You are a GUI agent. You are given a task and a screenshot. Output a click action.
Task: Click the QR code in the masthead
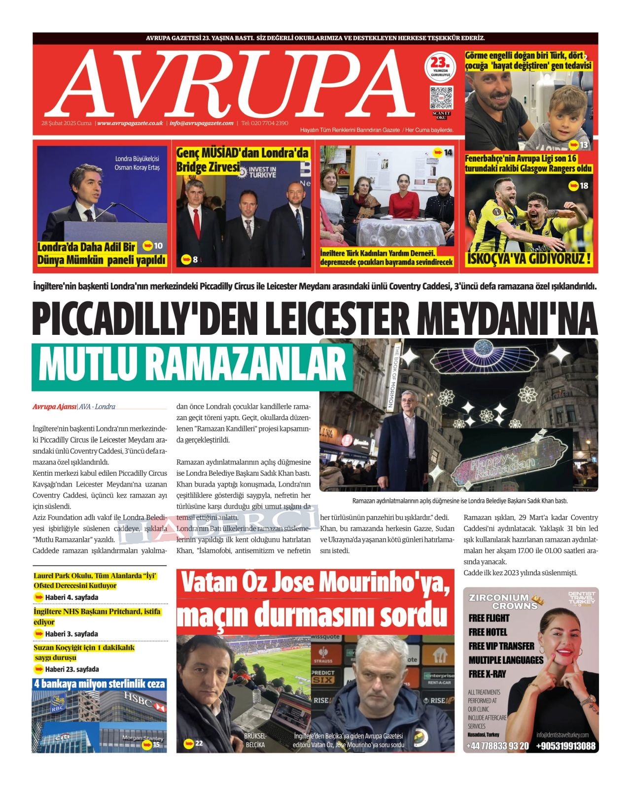(441, 98)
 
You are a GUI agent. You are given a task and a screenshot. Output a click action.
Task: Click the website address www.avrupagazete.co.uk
(130, 123)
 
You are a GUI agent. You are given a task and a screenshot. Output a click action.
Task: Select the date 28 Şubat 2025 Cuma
(67, 123)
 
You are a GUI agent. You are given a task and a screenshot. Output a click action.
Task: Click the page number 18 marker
(579, 186)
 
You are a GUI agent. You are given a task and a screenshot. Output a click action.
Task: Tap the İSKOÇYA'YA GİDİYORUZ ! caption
(529, 259)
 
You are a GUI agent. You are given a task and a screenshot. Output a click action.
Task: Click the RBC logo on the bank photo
(58, 702)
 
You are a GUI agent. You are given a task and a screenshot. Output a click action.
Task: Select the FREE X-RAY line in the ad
(487, 674)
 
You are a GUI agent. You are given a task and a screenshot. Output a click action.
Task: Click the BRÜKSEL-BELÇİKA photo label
(255, 741)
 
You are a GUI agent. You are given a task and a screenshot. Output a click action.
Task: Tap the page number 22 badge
(194, 743)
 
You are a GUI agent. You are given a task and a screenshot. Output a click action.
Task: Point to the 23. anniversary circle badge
(440, 67)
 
